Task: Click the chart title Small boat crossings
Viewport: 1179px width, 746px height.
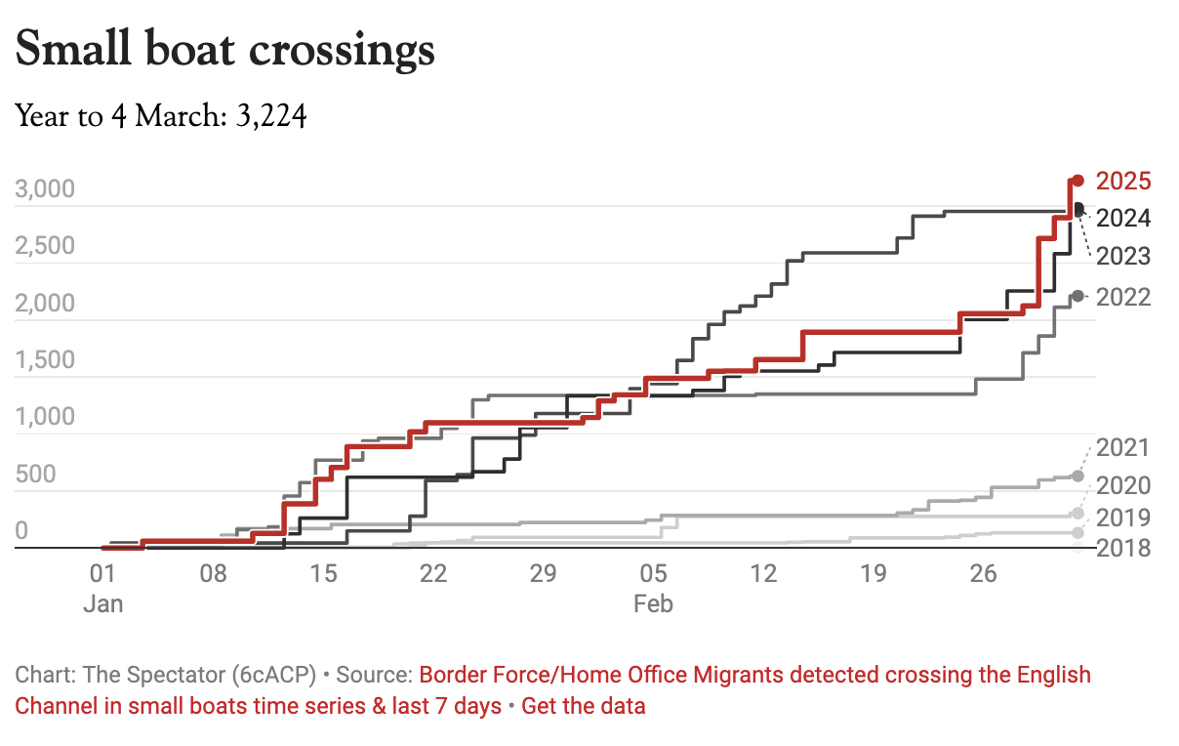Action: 225,50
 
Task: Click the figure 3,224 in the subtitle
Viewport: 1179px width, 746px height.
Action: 271,118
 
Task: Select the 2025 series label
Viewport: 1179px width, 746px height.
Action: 1123,181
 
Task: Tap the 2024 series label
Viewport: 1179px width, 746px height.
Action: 1123,218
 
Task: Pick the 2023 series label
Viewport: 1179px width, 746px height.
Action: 1123,257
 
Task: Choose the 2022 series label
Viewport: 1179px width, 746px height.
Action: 1123,297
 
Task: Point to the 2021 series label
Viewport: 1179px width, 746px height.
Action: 1123,448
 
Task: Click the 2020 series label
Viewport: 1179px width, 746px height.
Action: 1123,485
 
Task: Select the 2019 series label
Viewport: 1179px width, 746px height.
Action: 1123,517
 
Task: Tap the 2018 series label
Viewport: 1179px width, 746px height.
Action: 1123,548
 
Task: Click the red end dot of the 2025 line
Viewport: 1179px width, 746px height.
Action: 1077,180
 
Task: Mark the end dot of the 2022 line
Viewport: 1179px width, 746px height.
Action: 1077,296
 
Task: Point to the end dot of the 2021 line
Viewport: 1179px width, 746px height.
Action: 1077,476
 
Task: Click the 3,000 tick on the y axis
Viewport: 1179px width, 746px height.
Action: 46,188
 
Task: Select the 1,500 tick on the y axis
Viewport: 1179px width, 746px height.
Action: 46,360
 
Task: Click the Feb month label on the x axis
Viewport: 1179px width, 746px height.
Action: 653,603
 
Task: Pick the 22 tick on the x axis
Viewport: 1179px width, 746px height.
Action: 432,573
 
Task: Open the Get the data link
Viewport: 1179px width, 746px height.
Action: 584,705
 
